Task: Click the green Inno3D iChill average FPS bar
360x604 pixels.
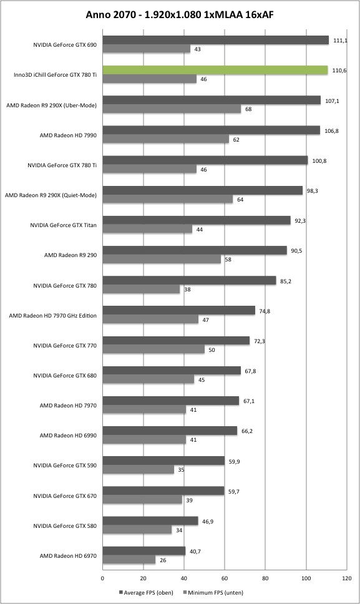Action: pyautogui.click(x=215, y=70)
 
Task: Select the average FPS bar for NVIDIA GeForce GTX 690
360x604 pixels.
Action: pyautogui.click(x=216, y=40)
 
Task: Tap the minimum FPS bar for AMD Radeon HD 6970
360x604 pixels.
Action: pyautogui.click(x=129, y=560)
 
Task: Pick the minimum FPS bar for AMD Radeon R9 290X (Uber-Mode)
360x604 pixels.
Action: pyautogui.click(x=172, y=109)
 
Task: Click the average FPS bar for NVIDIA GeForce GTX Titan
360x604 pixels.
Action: pyautogui.click(x=197, y=220)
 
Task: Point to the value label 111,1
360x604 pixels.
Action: pyautogui.click(x=340, y=41)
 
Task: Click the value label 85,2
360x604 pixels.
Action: pyautogui.click(x=286, y=281)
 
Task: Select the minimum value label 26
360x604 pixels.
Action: pyautogui.click(x=163, y=560)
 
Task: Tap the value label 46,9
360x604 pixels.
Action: pyautogui.click(x=208, y=522)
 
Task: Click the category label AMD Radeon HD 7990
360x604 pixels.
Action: pyautogui.click(x=68, y=135)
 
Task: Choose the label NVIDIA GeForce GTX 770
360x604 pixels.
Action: pyautogui.click(x=65, y=346)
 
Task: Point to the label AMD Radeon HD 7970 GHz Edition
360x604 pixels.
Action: pyautogui.click(x=53, y=316)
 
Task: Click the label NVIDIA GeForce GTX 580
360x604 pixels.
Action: pyautogui.click(x=65, y=526)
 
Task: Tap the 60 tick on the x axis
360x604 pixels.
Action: pyautogui.click(x=225, y=578)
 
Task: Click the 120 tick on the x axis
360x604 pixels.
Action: pyautogui.click(x=346, y=578)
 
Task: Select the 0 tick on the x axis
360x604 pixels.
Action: pyautogui.click(x=102, y=578)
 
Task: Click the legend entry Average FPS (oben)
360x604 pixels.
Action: pyautogui.click(x=147, y=592)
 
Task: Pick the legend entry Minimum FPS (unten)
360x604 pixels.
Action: pyautogui.click(x=213, y=592)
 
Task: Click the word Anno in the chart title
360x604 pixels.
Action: pyautogui.click(x=96, y=14)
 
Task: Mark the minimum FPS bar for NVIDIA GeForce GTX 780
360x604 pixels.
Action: pyautogui.click(x=141, y=290)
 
